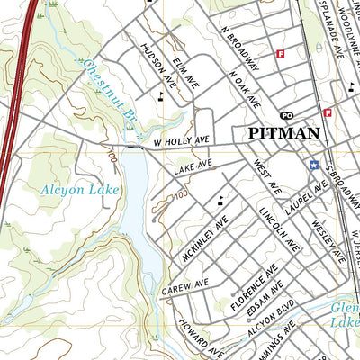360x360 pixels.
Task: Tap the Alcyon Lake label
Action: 68,190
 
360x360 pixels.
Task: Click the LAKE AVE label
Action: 193,166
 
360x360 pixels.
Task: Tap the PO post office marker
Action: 287,115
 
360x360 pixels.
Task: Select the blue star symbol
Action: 314,165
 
